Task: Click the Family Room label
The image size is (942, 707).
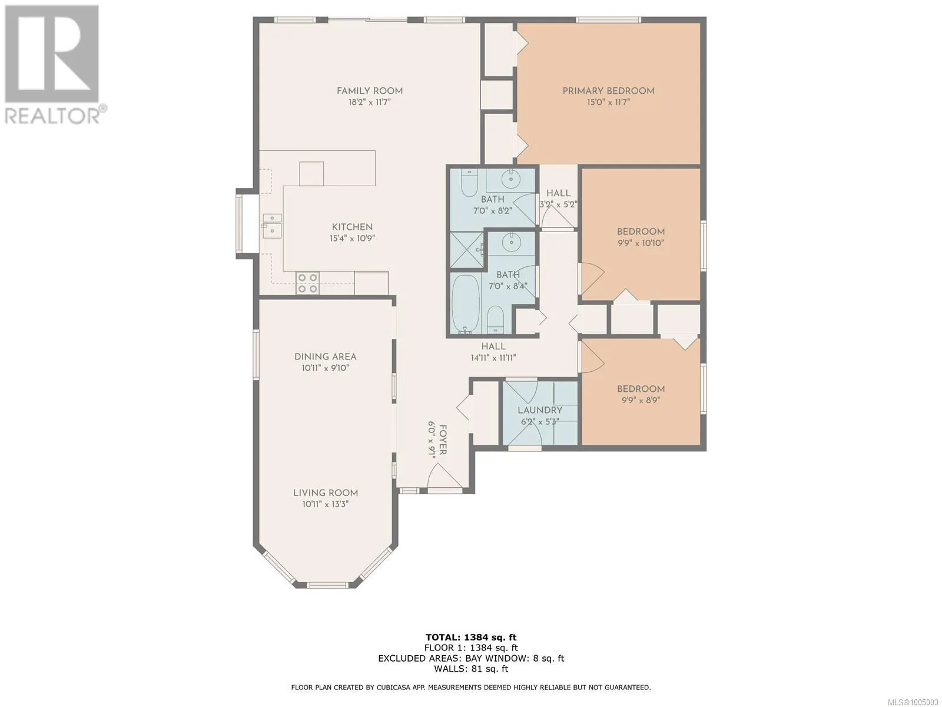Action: click(x=370, y=91)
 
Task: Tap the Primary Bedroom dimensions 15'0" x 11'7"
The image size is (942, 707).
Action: click(x=608, y=102)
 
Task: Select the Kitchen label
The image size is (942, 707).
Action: click(x=352, y=227)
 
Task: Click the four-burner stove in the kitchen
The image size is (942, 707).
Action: click(x=308, y=283)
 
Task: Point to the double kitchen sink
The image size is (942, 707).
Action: click(x=271, y=226)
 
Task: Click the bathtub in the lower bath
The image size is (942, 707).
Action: click(x=465, y=304)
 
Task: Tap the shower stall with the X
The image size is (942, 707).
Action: click(x=467, y=250)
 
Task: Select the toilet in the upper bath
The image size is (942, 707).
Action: click(x=469, y=183)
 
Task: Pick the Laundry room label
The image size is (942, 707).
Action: click(x=539, y=411)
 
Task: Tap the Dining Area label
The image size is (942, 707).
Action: click(x=326, y=356)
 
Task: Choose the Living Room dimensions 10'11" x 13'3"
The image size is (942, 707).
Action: click(x=326, y=504)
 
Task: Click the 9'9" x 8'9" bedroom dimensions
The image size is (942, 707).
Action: click(x=641, y=401)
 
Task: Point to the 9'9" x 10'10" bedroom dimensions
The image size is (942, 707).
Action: click(x=641, y=243)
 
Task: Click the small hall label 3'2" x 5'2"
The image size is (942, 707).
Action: click(x=558, y=205)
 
